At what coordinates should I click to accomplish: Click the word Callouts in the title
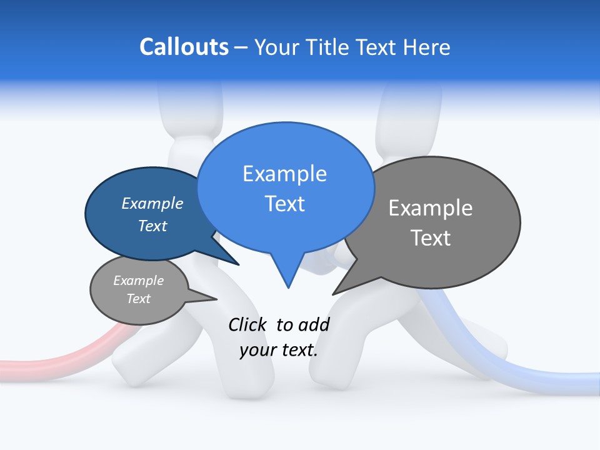click(x=184, y=47)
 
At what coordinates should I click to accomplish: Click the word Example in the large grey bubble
click(x=431, y=208)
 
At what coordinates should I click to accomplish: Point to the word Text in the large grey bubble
click(x=431, y=238)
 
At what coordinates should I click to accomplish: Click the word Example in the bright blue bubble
click(x=284, y=174)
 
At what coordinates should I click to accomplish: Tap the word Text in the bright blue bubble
click(x=284, y=204)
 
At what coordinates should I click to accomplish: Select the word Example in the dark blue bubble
click(x=152, y=203)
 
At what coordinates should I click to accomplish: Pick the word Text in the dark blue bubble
click(x=152, y=226)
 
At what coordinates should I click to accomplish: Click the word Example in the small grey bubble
click(x=138, y=281)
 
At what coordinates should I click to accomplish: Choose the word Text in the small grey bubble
click(x=138, y=299)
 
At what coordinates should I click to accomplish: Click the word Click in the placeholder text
click(x=248, y=324)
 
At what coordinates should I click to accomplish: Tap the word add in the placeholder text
click(x=313, y=324)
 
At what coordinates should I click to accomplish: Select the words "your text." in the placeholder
click(x=279, y=350)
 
